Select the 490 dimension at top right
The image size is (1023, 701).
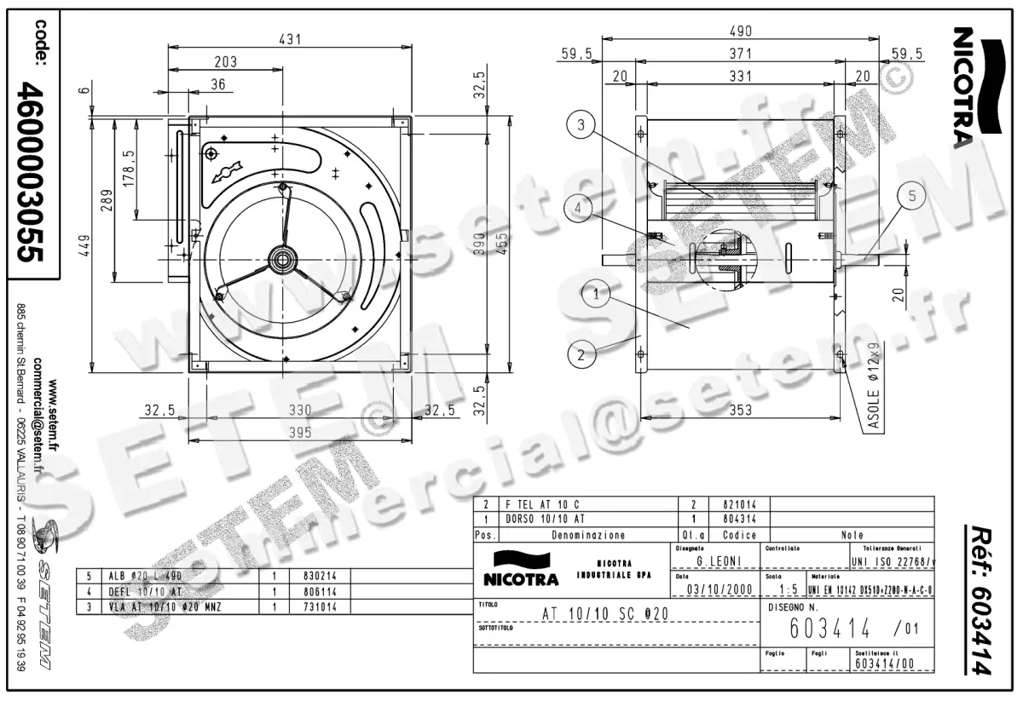[740, 32]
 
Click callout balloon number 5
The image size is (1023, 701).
[911, 197]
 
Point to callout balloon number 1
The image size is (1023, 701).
[598, 296]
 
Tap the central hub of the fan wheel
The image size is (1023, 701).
[281, 257]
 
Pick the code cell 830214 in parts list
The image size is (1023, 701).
[303, 575]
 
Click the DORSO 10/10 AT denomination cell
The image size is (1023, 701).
[546, 518]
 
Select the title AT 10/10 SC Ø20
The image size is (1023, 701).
[605, 613]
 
